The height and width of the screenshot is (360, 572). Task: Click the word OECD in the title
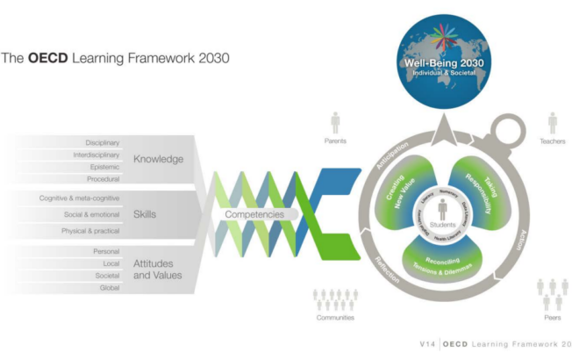pyautogui.click(x=46, y=60)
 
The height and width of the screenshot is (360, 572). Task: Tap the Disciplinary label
pyautogui.click(x=103, y=142)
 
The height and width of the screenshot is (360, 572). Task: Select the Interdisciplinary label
pyautogui.click(x=97, y=155)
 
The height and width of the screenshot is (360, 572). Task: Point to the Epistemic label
pyautogui.click(x=105, y=167)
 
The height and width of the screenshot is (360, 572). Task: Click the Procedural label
pyautogui.click(x=104, y=179)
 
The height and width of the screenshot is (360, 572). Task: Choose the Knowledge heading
pyautogui.click(x=158, y=160)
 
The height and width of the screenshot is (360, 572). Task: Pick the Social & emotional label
pyautogui.click(x=92, y=214)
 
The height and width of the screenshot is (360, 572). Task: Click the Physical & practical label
pyautogui.click(x=90, y=230)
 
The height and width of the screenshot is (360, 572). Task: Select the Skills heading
pyautogui.click(x=146, y=213)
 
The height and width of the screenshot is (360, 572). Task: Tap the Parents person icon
pyautogui.click(x=334, y=121)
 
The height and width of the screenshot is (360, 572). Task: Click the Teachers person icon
pyautogui.click(x=553, y=121)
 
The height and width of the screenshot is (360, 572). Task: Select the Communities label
pyautogui.click(x=335, y=317)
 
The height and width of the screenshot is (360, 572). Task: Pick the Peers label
pyautogui.click(x=552, y=317)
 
